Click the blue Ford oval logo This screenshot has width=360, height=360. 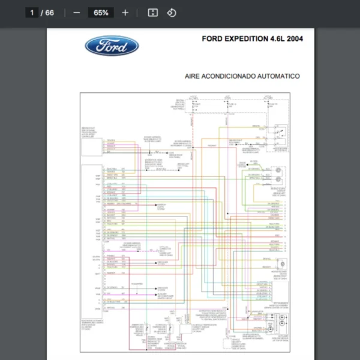click(x=112, y=46)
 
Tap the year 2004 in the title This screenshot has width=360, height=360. click(x=295, y=39)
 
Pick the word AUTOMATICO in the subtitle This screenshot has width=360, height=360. click(x=278, y=76)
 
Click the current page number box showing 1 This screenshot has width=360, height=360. click(x=32, y=13)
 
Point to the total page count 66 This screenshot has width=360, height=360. click(x=49, y=13)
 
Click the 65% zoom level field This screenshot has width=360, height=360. click(x=101, y=13)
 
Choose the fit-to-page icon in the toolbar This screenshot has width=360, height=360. click(x=152, y=13)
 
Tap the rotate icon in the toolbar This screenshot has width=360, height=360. click(x=172, y=13)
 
